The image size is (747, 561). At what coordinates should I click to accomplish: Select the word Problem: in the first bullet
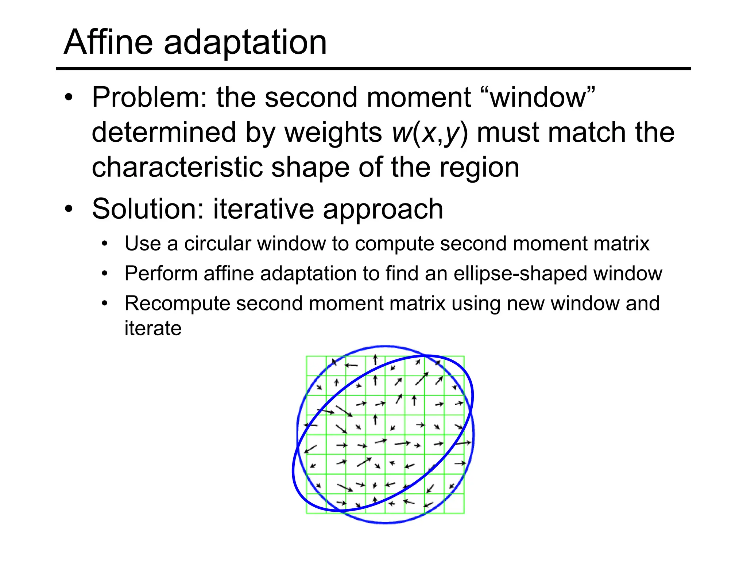(x=150, y=98)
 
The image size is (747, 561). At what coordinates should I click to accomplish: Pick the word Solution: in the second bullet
(x=148, y=209)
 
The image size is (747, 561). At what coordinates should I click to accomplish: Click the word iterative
(x=263, y=209)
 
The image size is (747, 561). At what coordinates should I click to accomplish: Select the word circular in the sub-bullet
(x=217, y=244)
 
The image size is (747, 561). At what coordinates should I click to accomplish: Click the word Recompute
(x=177, y=304)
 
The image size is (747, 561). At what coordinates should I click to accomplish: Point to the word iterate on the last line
(x=153, y=328)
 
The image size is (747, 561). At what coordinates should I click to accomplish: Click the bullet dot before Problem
(x=69, y=98)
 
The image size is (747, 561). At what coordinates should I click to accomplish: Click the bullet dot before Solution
(x=69, y=209)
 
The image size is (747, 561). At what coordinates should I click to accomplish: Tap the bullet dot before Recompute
(x=105, y=304)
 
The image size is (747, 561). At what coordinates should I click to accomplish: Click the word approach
(x=383, y=210)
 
